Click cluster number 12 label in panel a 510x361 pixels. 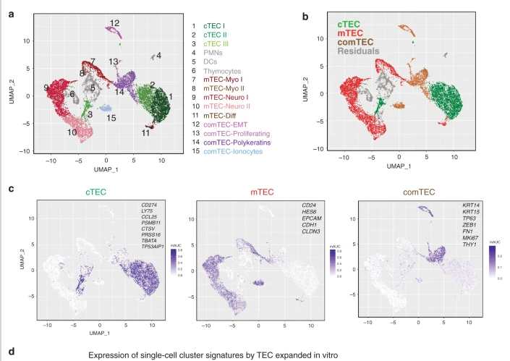(114, 24)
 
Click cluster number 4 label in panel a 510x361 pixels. (158, 55)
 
